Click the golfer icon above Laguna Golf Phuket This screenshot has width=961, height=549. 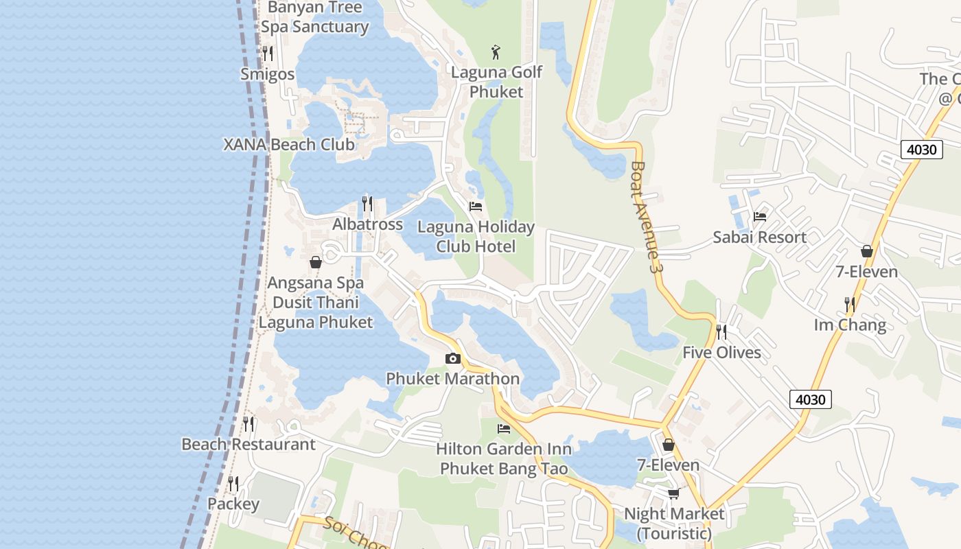point(496,51)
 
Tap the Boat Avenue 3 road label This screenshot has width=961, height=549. point(647,218)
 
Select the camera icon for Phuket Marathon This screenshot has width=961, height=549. point(452,358)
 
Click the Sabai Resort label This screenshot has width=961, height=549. point(759,237)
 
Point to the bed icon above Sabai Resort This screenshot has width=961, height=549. point(759,217)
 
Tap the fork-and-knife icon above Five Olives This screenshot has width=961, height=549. point(721,332)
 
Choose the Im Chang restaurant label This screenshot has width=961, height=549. point(850,325)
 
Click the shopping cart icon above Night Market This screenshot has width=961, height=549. point(674,493)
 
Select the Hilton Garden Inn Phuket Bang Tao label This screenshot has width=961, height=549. point(504,458)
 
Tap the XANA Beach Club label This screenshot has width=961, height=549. point(289,145)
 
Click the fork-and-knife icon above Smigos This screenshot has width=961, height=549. point(268,54)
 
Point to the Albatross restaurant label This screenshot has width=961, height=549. point(367,224)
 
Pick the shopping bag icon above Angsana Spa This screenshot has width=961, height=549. point(316,262)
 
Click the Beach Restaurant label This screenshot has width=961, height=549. point(248,444)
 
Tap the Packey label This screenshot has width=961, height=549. point(233,504)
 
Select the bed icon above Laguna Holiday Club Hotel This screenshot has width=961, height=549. point(476,207)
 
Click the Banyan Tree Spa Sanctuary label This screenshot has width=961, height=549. point(314,17)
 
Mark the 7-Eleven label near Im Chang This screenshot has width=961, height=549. point(866,272)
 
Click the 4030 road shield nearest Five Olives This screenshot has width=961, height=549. point(811,399)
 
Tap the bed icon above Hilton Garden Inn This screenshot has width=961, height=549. point(504,429)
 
